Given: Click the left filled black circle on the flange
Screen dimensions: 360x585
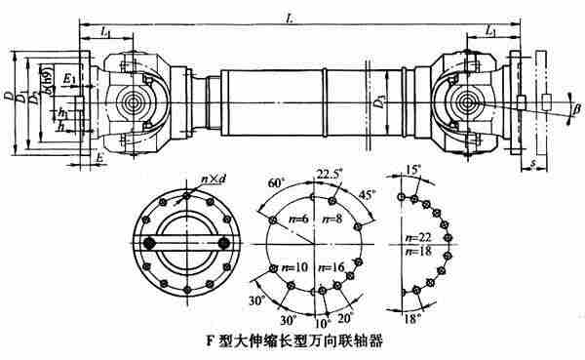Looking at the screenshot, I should pyautogui.click(x=150, y=241).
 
